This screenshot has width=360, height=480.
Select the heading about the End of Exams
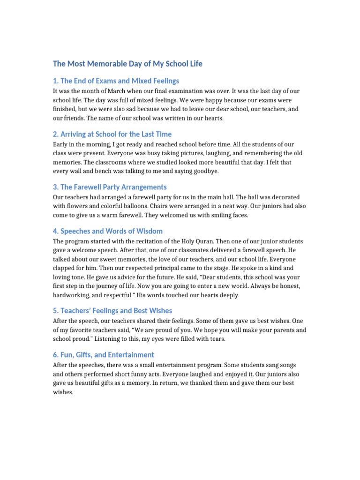116,81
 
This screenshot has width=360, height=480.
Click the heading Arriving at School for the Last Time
112,134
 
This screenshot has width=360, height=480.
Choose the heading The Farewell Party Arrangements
110,187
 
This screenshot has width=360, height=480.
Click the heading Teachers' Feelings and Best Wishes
112,311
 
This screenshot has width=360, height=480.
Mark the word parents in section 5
269,330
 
